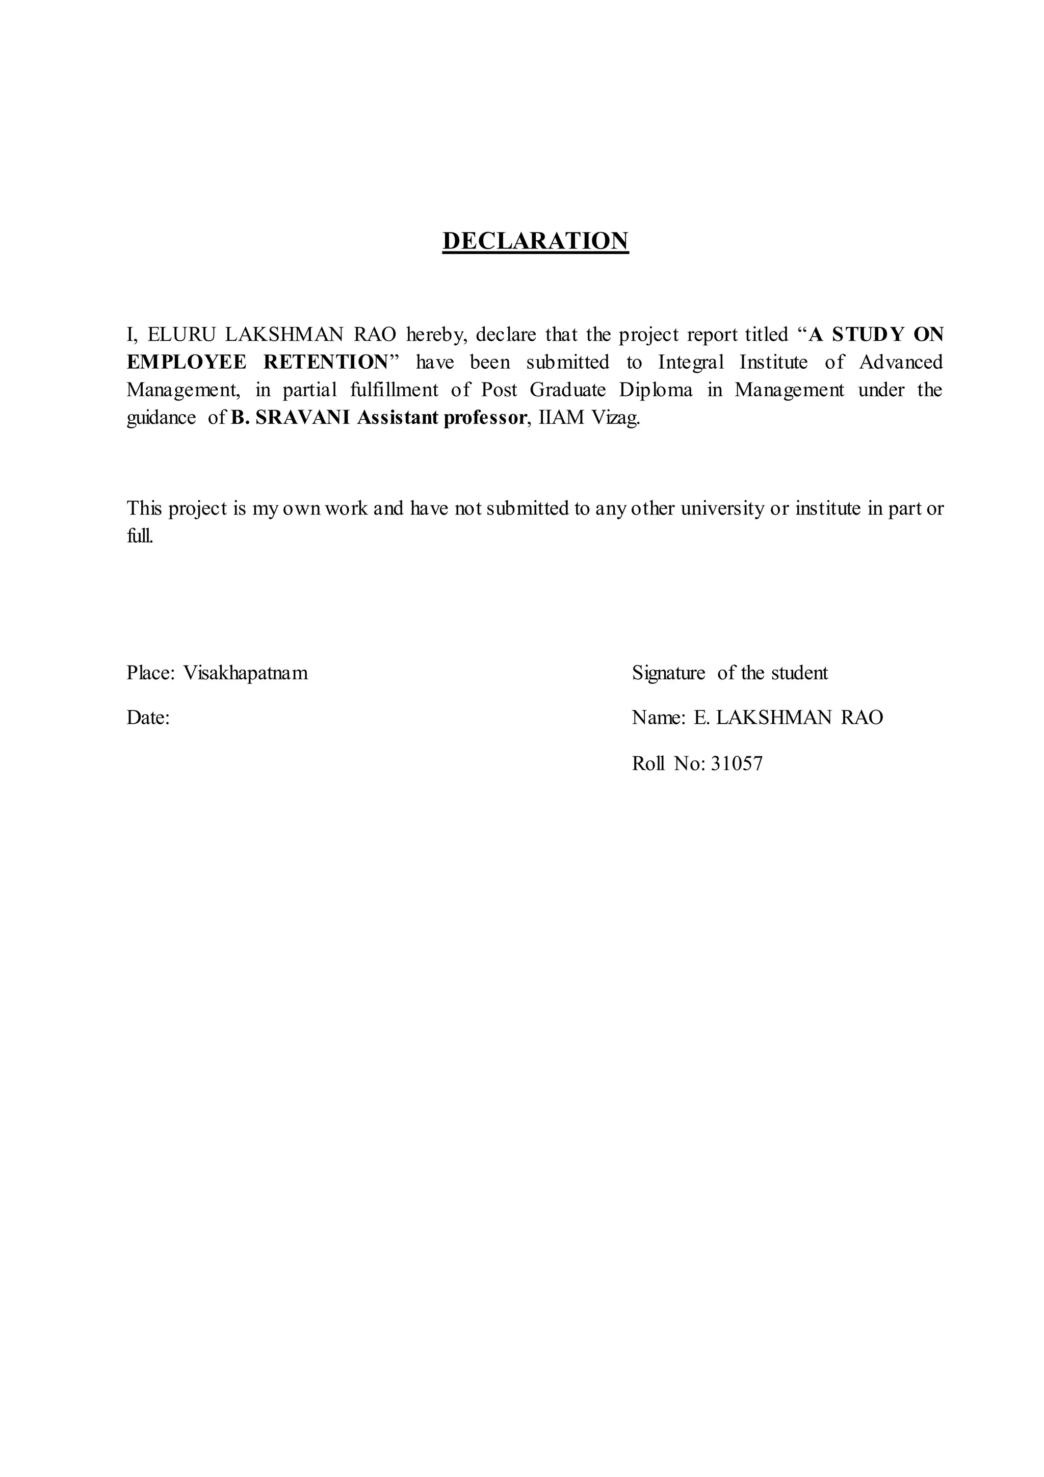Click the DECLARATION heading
(535, 241)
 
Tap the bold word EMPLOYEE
(187, 363)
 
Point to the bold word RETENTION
(327, 363)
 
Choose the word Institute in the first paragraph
(773, 363)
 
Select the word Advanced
(901, 363)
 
